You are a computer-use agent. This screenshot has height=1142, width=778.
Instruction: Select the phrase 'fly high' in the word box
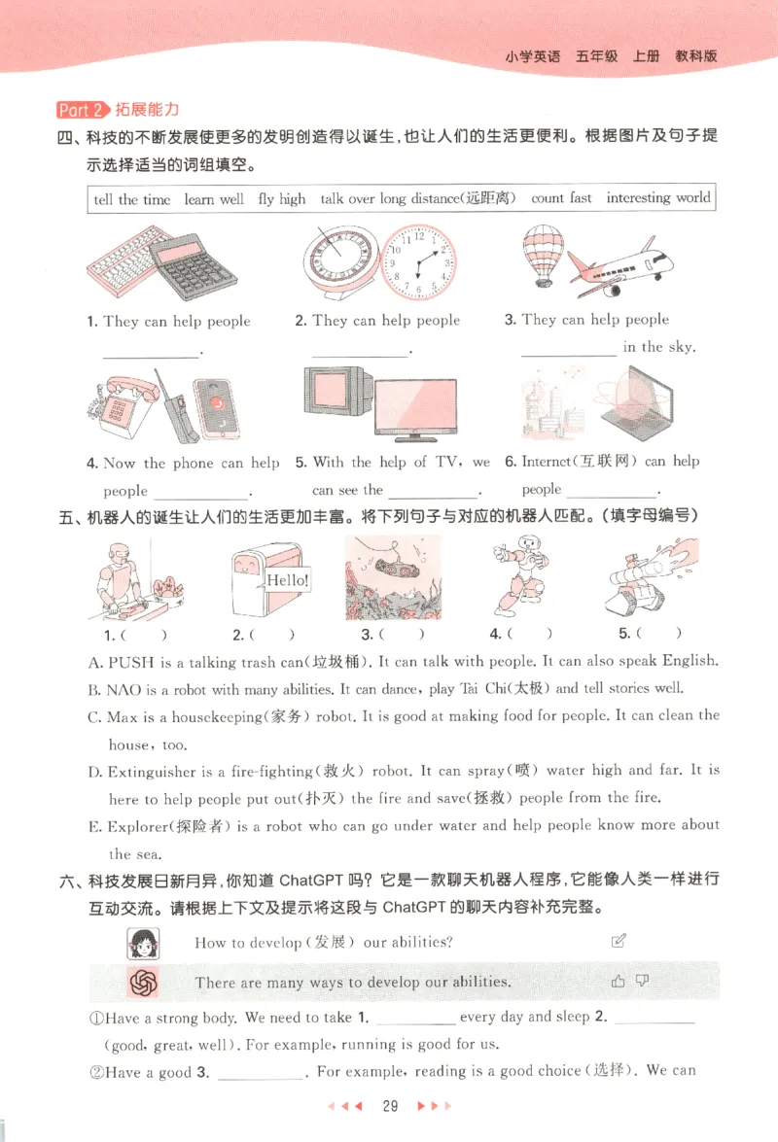282,199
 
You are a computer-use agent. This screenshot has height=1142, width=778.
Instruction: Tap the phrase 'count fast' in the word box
561,198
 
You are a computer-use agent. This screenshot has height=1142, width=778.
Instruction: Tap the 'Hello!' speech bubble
287,580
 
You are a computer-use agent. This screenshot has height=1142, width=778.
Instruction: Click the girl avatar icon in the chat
143,942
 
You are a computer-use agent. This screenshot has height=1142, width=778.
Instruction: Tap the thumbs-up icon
619,982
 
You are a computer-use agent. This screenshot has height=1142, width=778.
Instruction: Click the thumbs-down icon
642,981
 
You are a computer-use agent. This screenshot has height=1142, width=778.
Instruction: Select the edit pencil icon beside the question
618,941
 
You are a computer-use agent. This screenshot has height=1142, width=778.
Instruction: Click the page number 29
391,1106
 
